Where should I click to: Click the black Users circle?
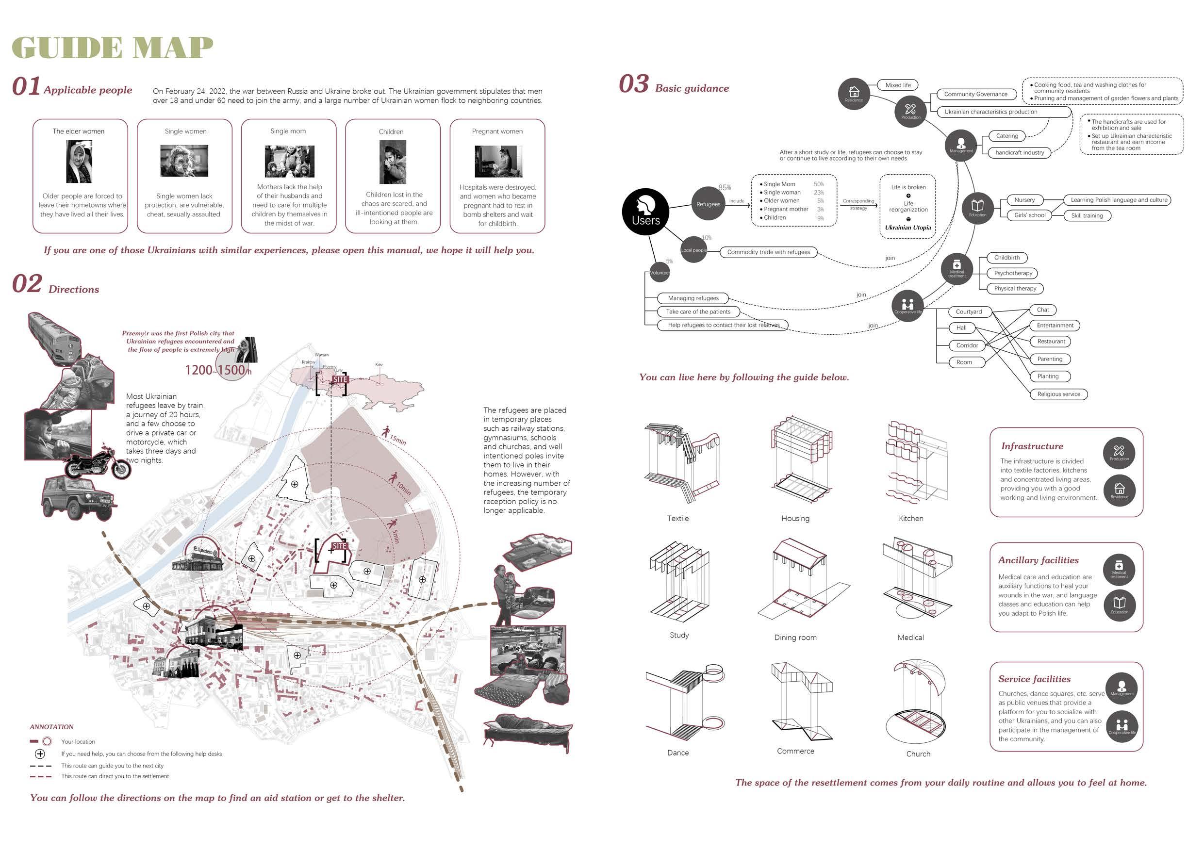(x=645, y=212)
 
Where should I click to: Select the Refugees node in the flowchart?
(x=708, y=204)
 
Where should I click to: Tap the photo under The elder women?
(x=79, y=164)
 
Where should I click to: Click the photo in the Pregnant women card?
(x=498, y=162)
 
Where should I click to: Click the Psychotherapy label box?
(x=1013, y=273)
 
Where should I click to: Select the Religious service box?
(x=1058, y=394)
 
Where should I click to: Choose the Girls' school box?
(x=1029, y=215)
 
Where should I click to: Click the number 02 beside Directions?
(x=27, y=284)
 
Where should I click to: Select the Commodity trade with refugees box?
(x=768, y=252)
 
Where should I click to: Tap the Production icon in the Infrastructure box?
(x=1119, y=453)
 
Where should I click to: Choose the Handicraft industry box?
(x=1020, y=152)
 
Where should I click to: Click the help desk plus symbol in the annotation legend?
(x=40, y=754)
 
